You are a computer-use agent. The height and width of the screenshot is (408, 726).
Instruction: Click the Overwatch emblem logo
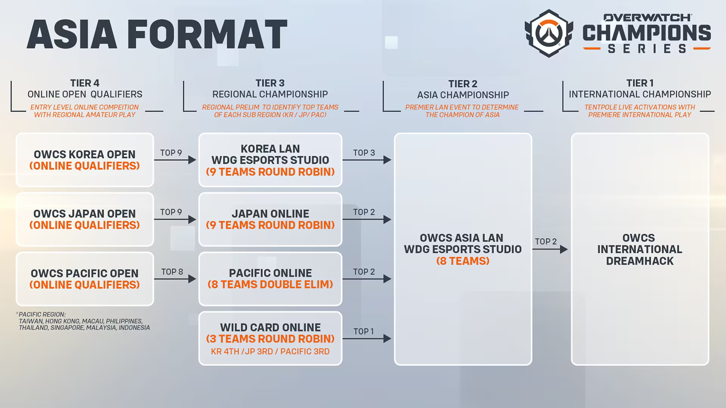549,33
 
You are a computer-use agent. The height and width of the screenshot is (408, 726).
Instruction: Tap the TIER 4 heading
85,83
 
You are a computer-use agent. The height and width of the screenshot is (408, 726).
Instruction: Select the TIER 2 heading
463,84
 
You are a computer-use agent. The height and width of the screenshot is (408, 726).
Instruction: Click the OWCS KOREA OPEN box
85,160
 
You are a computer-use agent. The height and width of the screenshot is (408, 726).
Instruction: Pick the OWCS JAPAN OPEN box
85,219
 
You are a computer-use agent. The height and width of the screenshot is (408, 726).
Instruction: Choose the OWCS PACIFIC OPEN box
85,279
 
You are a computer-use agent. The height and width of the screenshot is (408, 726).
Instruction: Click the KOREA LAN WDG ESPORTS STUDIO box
270,160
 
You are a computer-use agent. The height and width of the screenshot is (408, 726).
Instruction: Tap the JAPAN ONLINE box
270,219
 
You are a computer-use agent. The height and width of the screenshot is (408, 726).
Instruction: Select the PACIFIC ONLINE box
270,279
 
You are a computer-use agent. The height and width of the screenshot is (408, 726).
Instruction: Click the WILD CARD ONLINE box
270,338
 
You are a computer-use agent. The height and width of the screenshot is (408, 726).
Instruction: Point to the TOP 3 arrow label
364,153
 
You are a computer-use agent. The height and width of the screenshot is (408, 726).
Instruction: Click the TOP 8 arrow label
172,272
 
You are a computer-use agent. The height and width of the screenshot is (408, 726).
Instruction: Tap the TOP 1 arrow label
364,331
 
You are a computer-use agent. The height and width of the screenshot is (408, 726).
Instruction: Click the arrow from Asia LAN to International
550,249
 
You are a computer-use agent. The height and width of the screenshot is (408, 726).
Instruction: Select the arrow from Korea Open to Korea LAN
175,160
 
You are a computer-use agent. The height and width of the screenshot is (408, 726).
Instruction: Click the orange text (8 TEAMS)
463,261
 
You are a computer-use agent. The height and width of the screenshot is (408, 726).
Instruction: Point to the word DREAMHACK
640,261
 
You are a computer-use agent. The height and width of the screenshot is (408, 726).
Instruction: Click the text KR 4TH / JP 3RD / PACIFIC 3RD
270,351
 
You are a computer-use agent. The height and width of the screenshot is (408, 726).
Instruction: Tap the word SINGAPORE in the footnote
67,328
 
